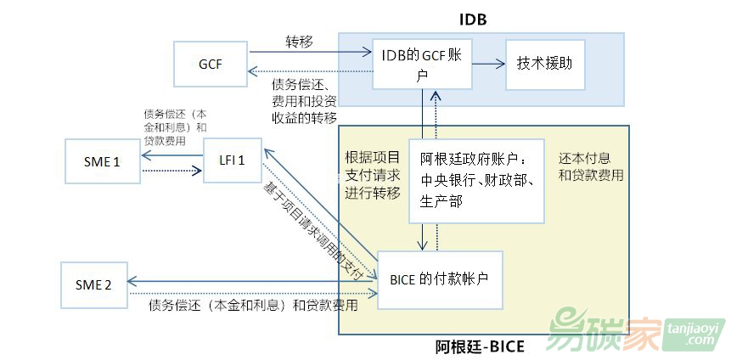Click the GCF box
coord(210,65)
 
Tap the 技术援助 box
coord(545,64)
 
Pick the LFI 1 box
coord(231,161)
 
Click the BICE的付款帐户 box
coord(440,279)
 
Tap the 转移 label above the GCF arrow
coord(299,41)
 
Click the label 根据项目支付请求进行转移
coord(372,176)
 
